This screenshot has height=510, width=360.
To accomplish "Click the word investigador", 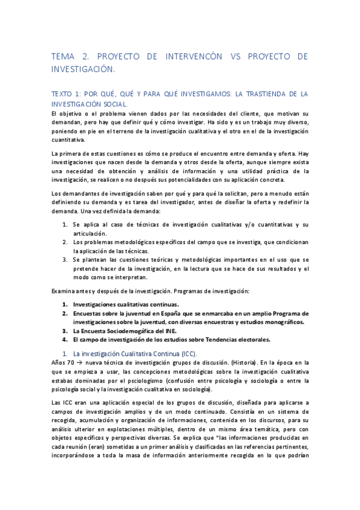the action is tap(203, 203).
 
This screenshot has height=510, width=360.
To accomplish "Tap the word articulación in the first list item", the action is tap(90, 233).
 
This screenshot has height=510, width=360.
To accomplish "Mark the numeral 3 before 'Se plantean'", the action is tap(66, 259).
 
